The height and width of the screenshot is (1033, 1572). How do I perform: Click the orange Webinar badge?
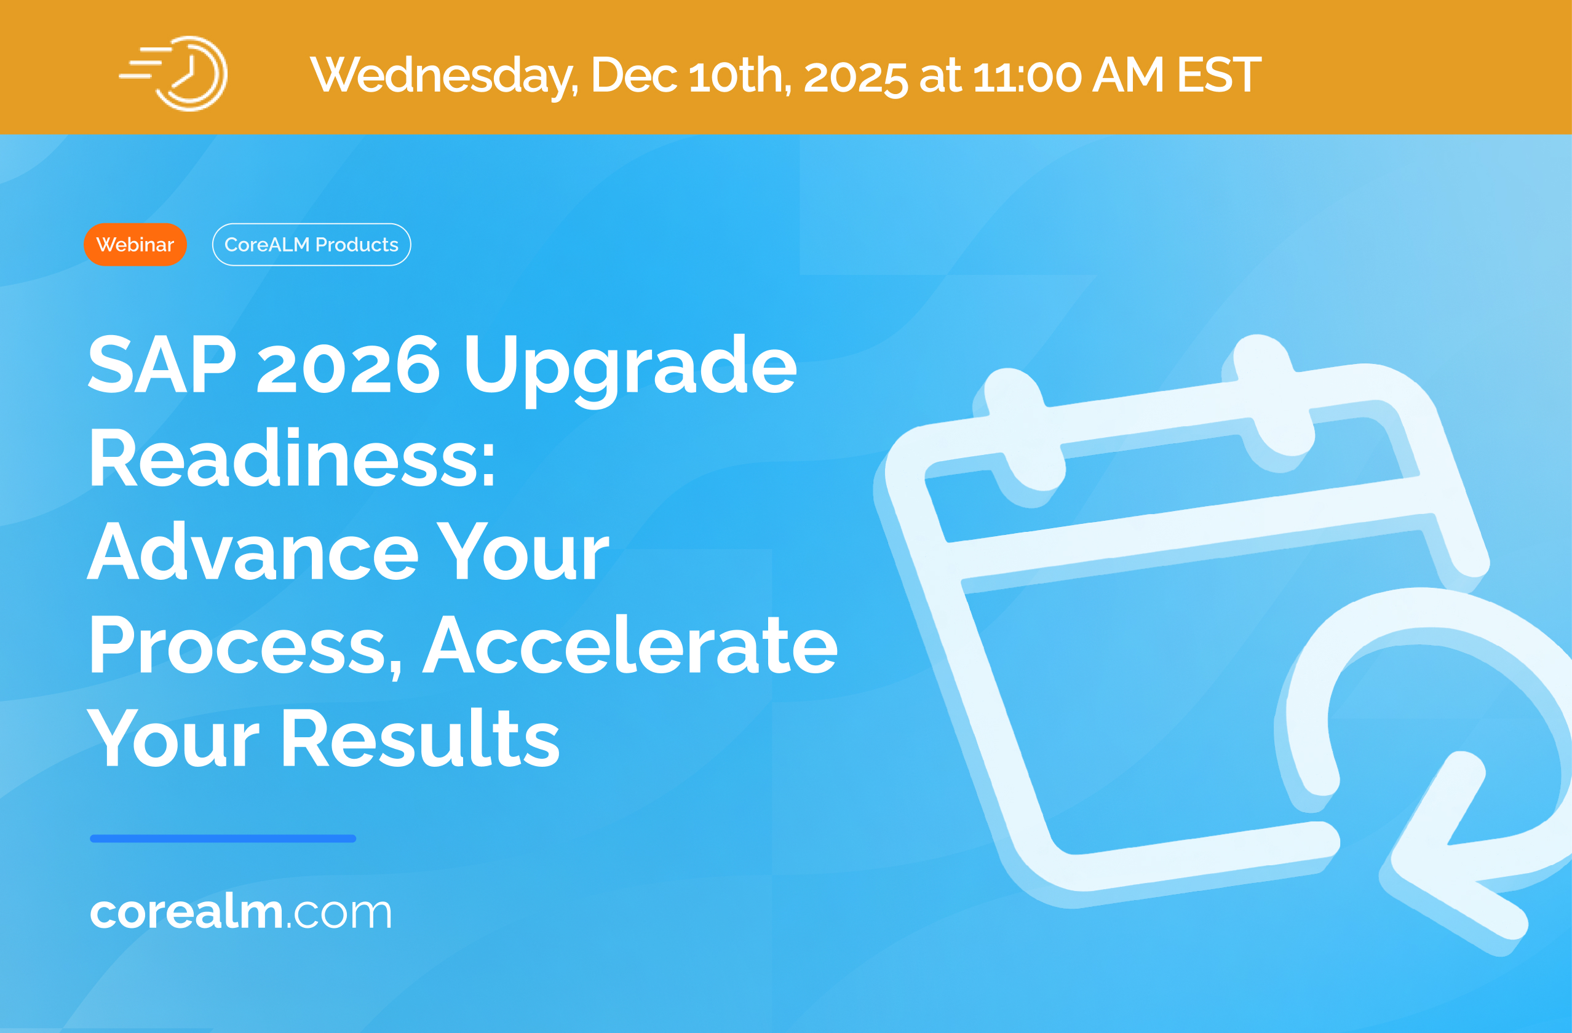[135, 244]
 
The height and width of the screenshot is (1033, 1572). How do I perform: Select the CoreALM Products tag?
[311, 244]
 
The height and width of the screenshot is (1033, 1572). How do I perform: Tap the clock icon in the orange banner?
[173, 73]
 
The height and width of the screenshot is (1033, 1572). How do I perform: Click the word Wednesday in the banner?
[445, 75]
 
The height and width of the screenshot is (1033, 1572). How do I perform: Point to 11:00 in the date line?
[1027, 75]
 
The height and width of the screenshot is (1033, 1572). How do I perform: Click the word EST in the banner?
[1220, 75]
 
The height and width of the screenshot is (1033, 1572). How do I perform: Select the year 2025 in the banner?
[855, 77]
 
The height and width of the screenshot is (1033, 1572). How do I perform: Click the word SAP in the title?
[162, 364]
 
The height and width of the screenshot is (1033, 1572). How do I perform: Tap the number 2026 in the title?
[347, 364]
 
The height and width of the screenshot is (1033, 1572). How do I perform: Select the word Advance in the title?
[253, 551]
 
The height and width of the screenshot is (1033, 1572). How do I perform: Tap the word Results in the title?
[422, 737]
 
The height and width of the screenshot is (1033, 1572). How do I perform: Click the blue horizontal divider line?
[223, 839]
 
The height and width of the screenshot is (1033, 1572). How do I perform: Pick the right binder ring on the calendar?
[1271, 397]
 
